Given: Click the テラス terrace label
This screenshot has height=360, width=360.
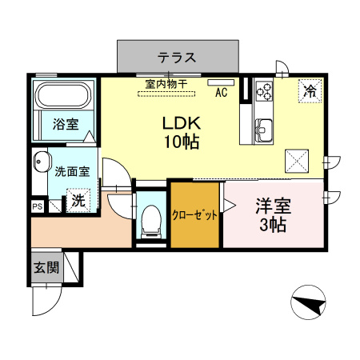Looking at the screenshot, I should (177, 58).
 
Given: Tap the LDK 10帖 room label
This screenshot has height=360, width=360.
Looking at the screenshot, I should (182, 133).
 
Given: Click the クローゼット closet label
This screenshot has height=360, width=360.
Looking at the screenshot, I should (195, 215).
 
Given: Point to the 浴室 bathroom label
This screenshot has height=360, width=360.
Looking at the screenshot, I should (65, 124).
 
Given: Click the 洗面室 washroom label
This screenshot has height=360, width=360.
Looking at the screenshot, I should (72, 170).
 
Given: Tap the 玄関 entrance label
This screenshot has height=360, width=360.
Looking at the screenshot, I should (46, 268).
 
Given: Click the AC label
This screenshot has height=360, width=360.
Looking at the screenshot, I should (222, 92).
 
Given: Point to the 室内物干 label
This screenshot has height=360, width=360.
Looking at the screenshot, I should (166, 82).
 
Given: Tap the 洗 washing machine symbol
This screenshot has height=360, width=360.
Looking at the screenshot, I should (78, 200).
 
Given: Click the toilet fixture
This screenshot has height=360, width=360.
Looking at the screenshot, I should (149, 218).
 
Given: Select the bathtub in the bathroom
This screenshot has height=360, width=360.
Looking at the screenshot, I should (64, 97).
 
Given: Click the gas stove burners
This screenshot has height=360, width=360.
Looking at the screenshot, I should (265, 91).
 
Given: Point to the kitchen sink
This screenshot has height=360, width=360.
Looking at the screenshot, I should (264, 128).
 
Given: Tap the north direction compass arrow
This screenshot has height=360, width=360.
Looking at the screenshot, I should (307, 303).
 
